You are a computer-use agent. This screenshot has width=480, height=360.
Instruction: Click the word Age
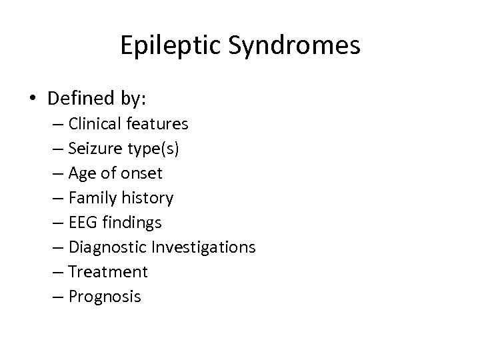[x=81, y=174]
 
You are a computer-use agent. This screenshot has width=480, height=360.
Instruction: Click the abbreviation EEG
[x=81, y=223]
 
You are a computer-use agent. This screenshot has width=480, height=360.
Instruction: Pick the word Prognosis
[x=105, y=297]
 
